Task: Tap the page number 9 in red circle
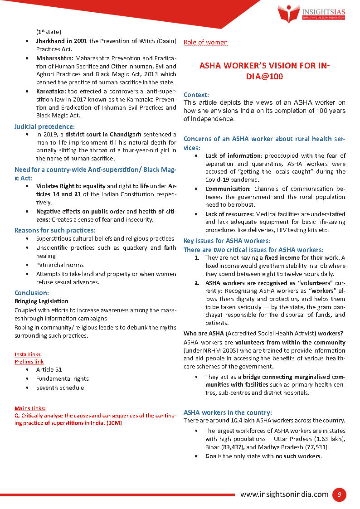pos(339,494)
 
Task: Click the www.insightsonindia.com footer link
pos(284,494)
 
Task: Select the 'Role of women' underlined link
pos(205,43)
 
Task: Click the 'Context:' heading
pos(196,95)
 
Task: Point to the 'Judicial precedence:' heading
pos(44,126)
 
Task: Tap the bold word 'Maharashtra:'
pos(55,58)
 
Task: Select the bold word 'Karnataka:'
pos(51,91)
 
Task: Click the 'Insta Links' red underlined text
pos(27,354)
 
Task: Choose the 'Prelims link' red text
pos(29,362)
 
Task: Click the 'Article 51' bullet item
pos(49,369)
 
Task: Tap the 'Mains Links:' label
pos(30,408)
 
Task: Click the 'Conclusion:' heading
pos(32,293)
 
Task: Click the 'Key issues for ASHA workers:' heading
pos(227,241)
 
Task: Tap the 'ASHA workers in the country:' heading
pos(228,412)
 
